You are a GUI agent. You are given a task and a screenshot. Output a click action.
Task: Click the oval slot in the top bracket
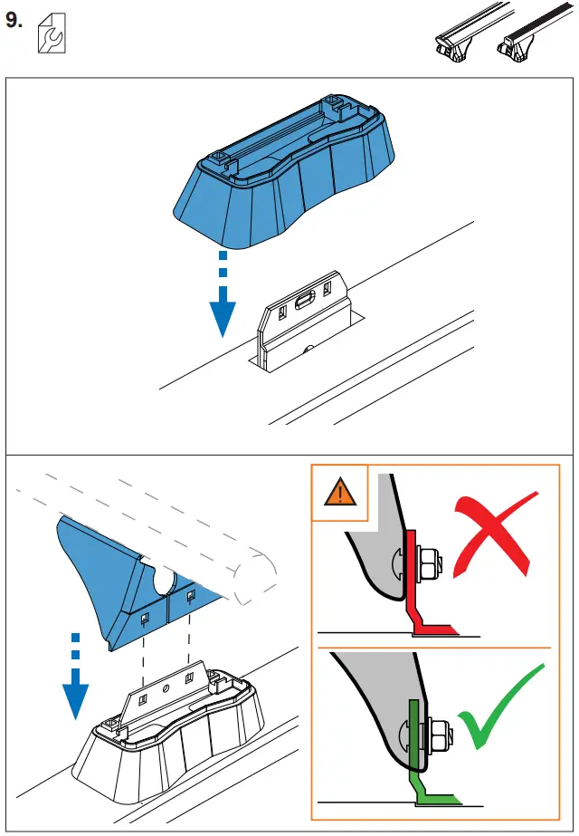[306, 293]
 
